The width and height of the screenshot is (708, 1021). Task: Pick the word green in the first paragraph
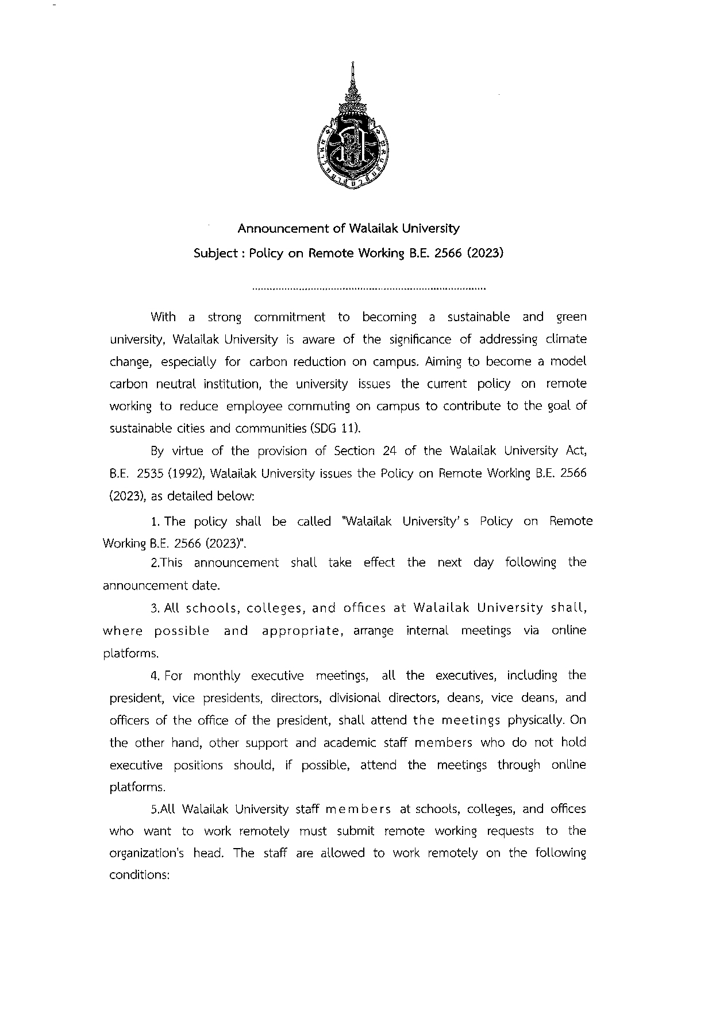point(571,317)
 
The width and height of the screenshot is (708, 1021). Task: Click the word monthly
point(217,675)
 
